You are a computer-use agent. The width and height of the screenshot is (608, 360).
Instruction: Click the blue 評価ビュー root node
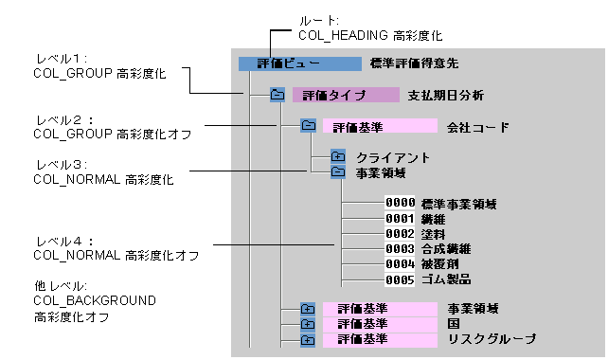click(x=299, y=63)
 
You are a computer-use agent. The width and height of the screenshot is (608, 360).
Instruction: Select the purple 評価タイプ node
click(x=346, y=95)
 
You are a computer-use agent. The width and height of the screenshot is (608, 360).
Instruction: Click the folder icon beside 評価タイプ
click(x=277, y=95)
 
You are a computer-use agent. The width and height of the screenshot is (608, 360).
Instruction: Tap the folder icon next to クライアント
click(x=338, y=156)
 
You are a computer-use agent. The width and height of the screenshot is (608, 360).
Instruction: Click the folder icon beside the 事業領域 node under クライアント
click(x=338, y=171)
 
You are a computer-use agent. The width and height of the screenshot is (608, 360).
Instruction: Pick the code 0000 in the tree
click(x=400, y=203)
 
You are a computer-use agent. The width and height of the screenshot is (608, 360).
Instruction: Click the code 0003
click(x=400, y=248)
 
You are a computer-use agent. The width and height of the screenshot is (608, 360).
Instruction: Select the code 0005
click(x=400, y=279)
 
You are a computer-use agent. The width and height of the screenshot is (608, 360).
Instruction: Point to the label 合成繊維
click(x=446, y=248)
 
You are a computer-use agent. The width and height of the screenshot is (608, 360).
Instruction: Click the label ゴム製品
click(x=446, y=279)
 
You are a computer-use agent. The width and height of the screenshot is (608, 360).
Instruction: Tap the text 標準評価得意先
click(x=414, y=63)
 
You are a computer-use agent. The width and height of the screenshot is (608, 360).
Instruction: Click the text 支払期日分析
click(x=445, y=96)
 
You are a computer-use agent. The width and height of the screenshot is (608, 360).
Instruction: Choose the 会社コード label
click(x=477, y=127)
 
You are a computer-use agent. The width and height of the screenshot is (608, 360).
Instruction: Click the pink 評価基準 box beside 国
click(x=380, y=324)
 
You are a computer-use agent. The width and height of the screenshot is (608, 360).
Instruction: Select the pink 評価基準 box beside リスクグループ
click(x=380, y=339)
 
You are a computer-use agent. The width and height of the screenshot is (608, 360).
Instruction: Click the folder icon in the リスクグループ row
click(x=308, y=340)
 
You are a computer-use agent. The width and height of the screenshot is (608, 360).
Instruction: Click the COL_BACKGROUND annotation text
click(x=95, y=300)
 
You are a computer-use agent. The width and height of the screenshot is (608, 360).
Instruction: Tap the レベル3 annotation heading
click(x=62, y=165)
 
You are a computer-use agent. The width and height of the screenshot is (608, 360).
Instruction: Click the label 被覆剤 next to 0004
click(x=439, y=264)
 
